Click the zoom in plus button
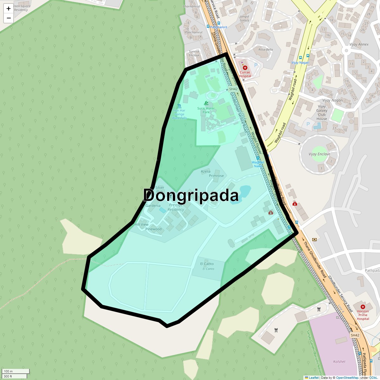coord(9,9)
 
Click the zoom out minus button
coord(9,18)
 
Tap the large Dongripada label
coord(191,195)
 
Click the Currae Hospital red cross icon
coord(245,68)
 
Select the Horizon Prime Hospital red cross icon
coord(363,307)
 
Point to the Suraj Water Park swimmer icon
coord(206,103)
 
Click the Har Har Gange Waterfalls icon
coord(179,106)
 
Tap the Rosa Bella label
coord(265,50)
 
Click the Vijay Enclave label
coord(319,154)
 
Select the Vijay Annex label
coord(359,44)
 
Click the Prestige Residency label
coord(176,207)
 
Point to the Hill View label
coord(142,225)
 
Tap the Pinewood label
coord(154,229)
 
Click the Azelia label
coord(206,171)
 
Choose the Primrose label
coord(216,176)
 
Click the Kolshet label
coord(339,362)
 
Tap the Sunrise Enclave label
coord(194,53)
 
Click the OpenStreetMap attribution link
coord(347,377)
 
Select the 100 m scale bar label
coord(9,371)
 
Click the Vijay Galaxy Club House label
coord(322,112)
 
